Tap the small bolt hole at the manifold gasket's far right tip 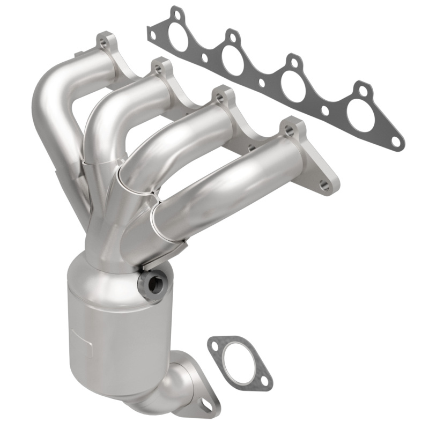pos(395,142)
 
